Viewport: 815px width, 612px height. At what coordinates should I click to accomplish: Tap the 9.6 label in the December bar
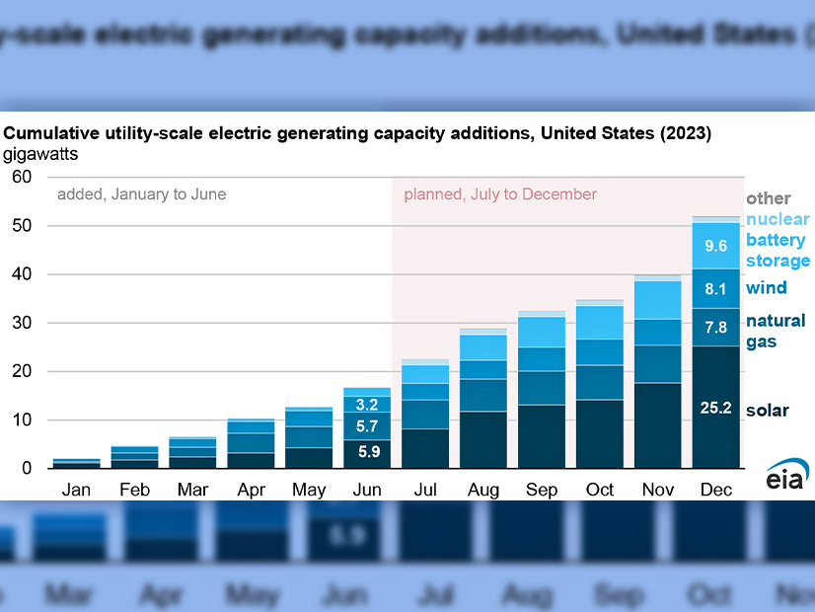click(716, 246)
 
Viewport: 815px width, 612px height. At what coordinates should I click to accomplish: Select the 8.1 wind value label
click(716, 290)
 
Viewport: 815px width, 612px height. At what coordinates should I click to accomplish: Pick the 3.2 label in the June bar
click(367, 404)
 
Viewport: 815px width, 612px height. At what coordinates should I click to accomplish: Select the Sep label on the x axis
click(541, 490)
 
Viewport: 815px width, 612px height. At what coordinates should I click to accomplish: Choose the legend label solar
click(768, 411)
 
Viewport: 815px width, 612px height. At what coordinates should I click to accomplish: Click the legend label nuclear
click(778, 219)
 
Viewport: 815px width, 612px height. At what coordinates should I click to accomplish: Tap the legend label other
click(769, 198)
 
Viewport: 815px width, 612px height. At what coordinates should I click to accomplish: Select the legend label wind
click(766, 288)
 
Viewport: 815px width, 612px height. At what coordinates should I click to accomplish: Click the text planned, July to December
click(500, 194)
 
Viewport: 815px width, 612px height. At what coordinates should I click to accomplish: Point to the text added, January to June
click(141, 194)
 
